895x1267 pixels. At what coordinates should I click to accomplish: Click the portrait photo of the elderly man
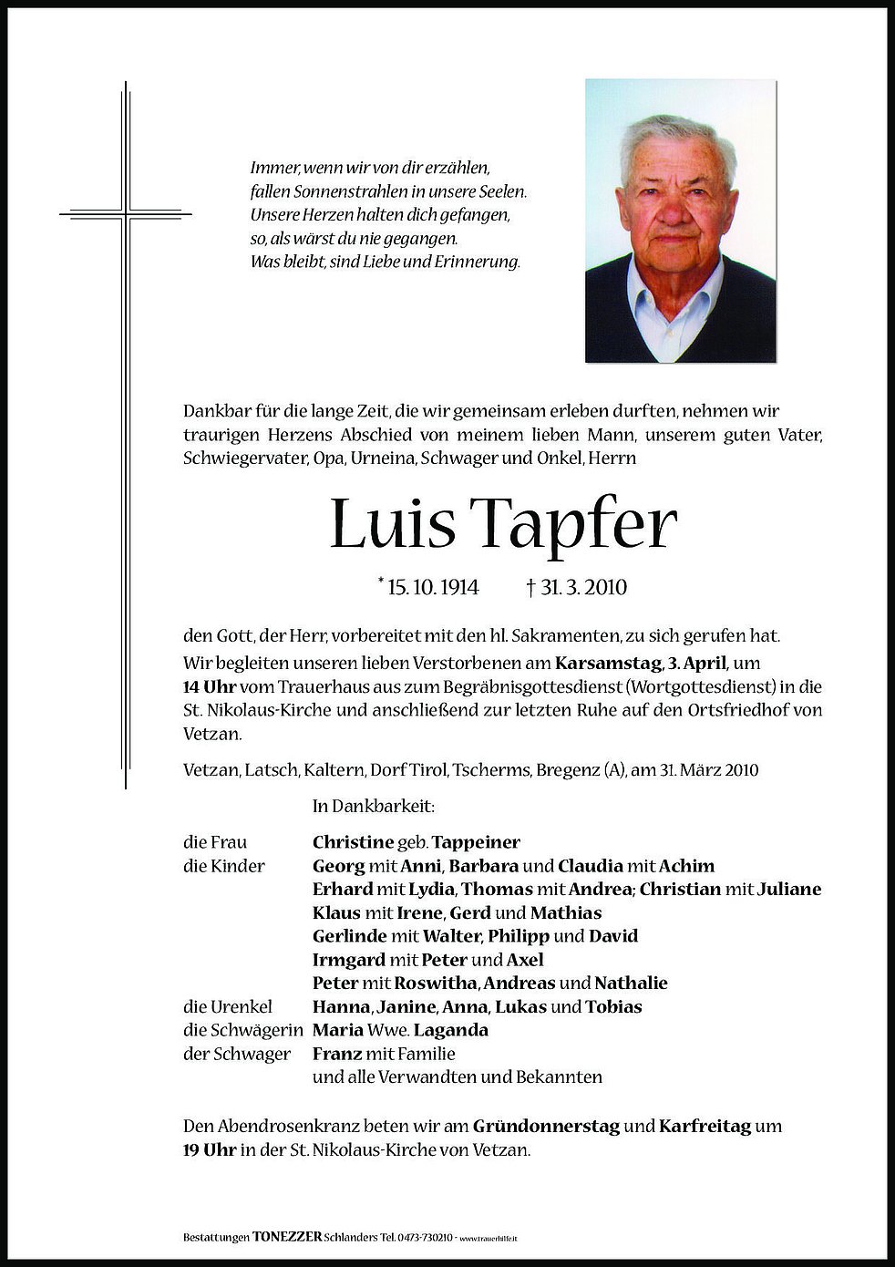(x=680, y=221)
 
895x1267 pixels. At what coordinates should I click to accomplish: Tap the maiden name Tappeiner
(x=478, y=842)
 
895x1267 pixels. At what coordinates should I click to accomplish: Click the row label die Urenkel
(x=228, y=1007)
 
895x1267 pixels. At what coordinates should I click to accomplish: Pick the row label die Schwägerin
(x=242, y=1031)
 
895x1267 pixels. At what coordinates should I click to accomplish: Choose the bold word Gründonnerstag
(x=548, y=1127)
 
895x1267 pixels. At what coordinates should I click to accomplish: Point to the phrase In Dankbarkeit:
(x=373, y=807)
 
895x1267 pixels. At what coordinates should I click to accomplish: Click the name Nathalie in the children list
(x=631, y=984)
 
